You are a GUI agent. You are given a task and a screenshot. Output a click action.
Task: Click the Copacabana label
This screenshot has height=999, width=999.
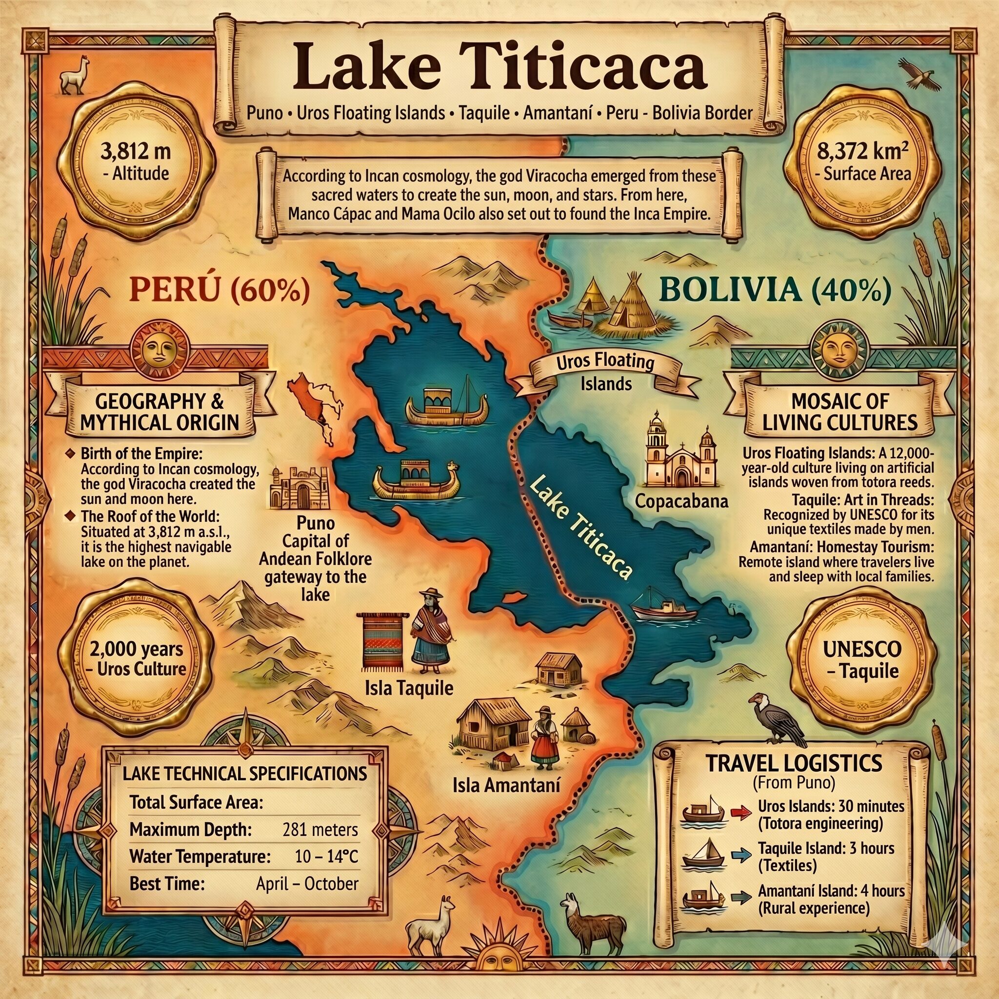[681, 500]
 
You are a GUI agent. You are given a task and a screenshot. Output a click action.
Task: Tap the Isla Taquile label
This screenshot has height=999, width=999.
[409, 687]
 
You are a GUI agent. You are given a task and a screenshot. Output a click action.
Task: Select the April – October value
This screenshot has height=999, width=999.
[307, 883]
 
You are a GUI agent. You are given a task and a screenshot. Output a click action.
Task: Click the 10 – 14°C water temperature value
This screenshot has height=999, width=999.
[326, 856]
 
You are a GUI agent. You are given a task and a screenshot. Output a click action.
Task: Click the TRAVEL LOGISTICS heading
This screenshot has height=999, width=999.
[794, 763]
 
